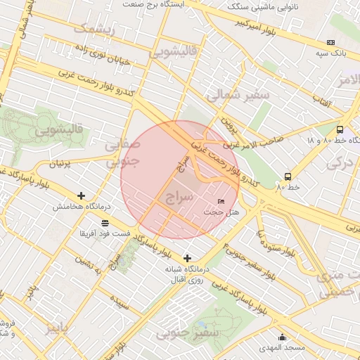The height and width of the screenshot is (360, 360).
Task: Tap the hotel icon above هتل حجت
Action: tap(222, 202)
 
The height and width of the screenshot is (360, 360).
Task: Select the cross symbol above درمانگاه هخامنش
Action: tap(82, 195)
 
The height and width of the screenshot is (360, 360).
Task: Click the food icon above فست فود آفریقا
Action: tap(105, 223)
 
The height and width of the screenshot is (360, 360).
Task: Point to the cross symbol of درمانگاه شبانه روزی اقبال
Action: tap(187, 258)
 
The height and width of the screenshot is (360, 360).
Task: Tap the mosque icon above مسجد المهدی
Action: tap(282, 337)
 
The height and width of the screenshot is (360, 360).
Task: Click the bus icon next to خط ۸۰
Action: tap(288, 176)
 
